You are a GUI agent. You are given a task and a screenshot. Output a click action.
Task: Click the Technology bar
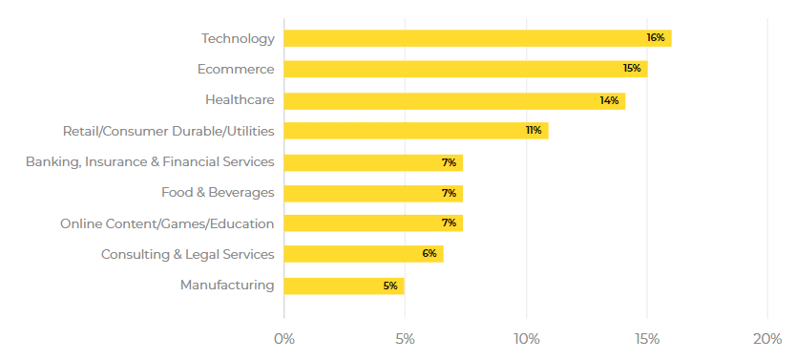(x=477, y=38)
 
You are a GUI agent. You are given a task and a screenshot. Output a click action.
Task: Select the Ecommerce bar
(x=465, y=69)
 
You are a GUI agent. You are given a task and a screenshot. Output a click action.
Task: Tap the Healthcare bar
(x=454, y=100)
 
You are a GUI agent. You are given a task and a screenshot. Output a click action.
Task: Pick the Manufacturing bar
(x=344, y=286)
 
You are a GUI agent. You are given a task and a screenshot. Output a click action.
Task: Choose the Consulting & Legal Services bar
(x=363, y=254)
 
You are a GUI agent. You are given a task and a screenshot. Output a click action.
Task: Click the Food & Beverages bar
(x=372, y=193)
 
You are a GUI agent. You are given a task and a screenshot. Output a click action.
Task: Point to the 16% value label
(x=655, y=38)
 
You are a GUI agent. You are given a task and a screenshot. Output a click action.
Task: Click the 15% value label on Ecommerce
(x=631, y=69)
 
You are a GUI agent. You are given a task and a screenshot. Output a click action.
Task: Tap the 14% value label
(x=609, y=100)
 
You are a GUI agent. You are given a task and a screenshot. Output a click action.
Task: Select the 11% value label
(x=534, y=131)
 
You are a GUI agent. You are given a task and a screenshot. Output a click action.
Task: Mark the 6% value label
(x=429, y=254)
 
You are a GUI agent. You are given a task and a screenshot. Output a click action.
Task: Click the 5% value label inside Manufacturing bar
(x=390, y=286)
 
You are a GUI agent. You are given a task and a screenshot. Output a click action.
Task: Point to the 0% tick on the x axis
(x=283, y=339)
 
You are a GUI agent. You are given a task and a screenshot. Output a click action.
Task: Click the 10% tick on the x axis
(x=526, y=339)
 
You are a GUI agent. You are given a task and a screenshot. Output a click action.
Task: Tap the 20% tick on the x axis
(x=767, y=339)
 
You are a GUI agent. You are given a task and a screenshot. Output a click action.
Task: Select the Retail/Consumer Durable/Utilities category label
(x=168, y=131)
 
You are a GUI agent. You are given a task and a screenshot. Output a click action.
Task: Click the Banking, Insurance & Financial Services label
(x=150, y=162)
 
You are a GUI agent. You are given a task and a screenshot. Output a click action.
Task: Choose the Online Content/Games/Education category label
(x=167, y=223)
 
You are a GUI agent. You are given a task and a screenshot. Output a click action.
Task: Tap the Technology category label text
(x=238, y=38)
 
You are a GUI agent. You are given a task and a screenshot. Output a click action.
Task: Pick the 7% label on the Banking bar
(x=449, y=162)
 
